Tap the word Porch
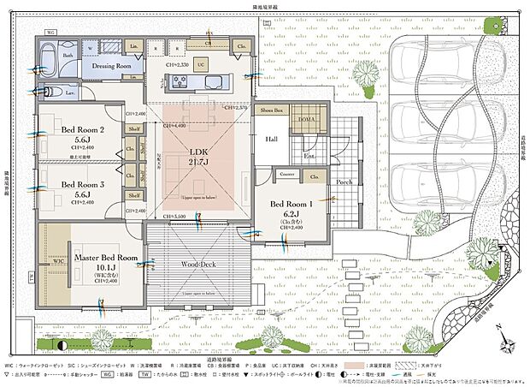click(344, 182)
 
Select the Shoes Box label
click(272, 111)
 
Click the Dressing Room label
click(111, 66)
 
